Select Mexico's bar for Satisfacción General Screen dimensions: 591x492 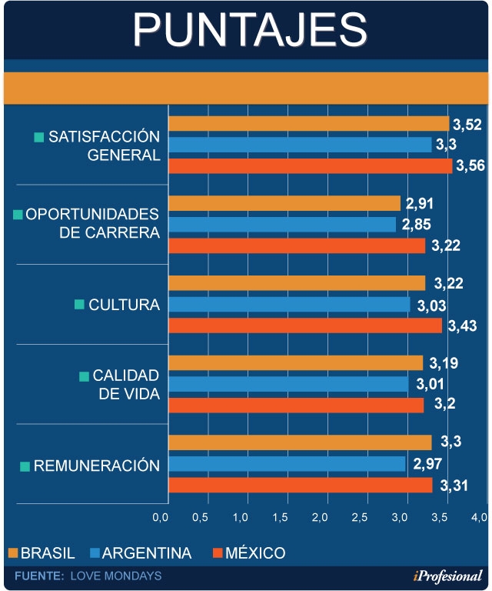pyautogui.click(x=310, y=165)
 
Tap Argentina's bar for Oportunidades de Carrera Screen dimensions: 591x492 pyautogui.click(x=282, y=225)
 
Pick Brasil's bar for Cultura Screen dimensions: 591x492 pyautogui.click(x=296, y=283)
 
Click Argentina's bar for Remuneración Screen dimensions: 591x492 pyautogui.click(x=287, y=463)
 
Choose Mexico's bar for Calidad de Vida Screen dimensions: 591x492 pyautogui.click(x=295, y=405)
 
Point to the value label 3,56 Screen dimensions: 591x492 pyautogui.click(x=470, y=165)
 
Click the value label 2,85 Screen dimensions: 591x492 pyautogui.click(x=417, y=225)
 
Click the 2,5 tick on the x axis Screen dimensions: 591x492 pyautogui.click(x=359, y=516)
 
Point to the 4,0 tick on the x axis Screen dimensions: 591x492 pyautogui.click(x=478, y=516)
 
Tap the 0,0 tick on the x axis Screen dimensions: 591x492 pyautogui.click(x=161, y=516)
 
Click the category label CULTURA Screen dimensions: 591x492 pyautogui.click(x=124, y=305)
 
